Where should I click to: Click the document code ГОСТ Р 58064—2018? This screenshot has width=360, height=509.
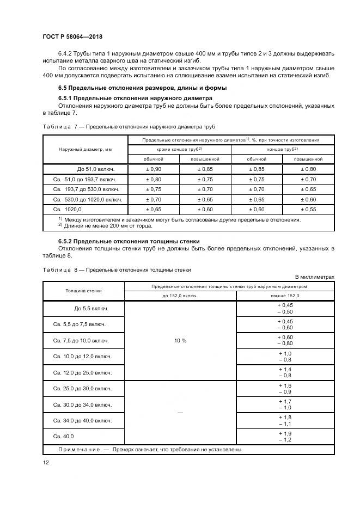[x=72, y=36]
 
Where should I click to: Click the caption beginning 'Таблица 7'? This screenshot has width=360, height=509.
[x=129, y=126]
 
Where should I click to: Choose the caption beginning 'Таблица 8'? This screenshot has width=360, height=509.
[x=117, y=269]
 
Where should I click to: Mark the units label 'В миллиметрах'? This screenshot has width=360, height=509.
[x=315, y=277]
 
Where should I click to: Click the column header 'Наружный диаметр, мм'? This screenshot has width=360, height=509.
[x=86, y=149]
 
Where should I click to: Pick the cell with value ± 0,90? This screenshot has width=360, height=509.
[x=154, y=169]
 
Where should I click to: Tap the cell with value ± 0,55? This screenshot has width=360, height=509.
[x=309, y=208]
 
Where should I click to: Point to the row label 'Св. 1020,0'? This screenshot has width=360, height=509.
[x=67, y=208]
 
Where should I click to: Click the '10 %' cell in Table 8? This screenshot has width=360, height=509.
[x=180, y=340]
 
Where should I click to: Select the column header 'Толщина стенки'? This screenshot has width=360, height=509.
[x=84, y=290]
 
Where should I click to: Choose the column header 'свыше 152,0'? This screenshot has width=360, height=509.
[x=285, y=296]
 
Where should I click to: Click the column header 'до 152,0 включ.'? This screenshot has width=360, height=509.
[x=180, y=296]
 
